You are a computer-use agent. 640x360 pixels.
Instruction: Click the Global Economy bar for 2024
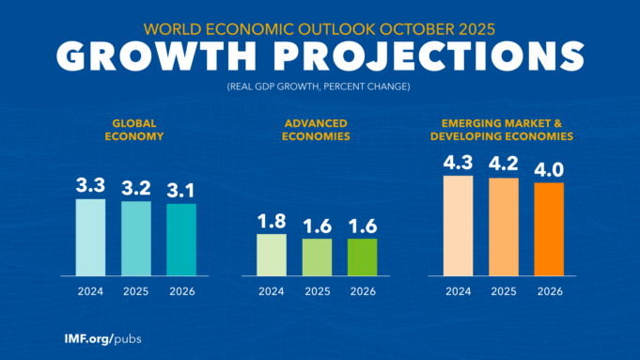tap(91, 237)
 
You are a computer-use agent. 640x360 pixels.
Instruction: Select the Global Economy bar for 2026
tap(181, 240)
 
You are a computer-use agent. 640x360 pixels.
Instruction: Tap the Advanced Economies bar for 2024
tap(272, 255)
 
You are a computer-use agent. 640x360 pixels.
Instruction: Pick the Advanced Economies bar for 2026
tap(362, 257)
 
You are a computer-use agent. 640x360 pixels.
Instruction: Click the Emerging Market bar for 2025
tap(503, 227)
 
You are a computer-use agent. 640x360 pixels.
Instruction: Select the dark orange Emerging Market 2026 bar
tap(548, 228)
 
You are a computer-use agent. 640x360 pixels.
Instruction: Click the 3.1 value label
tap(181, 190)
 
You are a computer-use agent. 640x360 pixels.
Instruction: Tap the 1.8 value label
tap(272, 221)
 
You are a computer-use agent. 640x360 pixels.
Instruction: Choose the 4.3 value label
tap(458, 162)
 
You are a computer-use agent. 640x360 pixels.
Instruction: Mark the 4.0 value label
tap(548, 169)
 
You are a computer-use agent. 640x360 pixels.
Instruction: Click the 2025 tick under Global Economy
tap(136, 291)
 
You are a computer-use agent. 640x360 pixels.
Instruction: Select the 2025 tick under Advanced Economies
tap(317, 291)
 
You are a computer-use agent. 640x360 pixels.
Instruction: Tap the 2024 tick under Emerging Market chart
tap(458, 291)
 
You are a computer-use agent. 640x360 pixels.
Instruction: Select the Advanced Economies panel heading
tap(316, 130)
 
